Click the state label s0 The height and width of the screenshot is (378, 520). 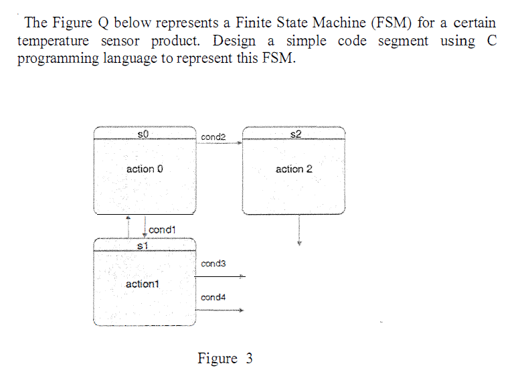click(142, 134)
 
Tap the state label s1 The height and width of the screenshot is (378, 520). click(141, 246)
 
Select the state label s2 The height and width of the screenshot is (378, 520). click(296, 134)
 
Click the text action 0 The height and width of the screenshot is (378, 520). click(145, 169)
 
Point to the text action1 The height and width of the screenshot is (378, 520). click(142, 284)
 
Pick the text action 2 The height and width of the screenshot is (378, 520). click(294, 169)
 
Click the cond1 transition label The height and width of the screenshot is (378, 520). click(162, 229)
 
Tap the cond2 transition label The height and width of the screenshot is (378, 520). click(213, 136)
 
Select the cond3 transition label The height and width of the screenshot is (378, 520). click(213, 264)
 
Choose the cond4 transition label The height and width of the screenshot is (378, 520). click(213, 297)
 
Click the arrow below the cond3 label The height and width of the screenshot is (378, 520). click(222, 276)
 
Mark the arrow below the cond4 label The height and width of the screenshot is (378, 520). click(222, 310)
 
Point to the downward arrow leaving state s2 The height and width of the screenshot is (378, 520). click(299, 231)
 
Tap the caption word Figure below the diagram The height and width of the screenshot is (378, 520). click(218, 359)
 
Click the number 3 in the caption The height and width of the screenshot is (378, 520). click(249, 359)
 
